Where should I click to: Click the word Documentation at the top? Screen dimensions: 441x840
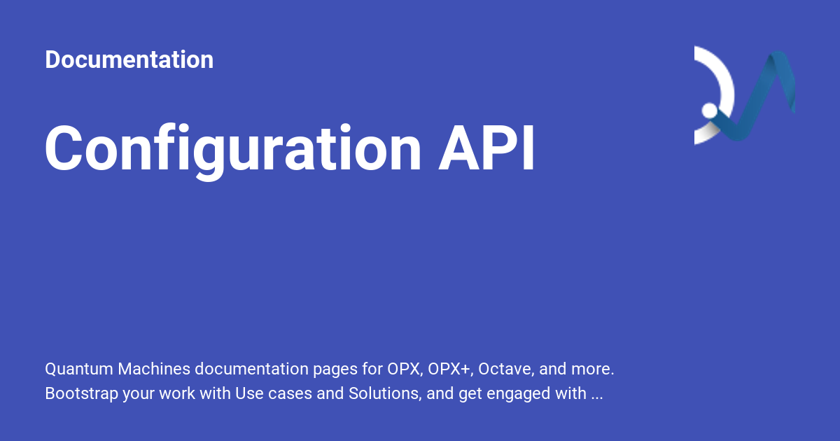129,60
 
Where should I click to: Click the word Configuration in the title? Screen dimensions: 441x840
233,149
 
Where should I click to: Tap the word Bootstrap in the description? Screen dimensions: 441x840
81,393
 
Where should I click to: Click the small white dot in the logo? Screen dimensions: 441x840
709,111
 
